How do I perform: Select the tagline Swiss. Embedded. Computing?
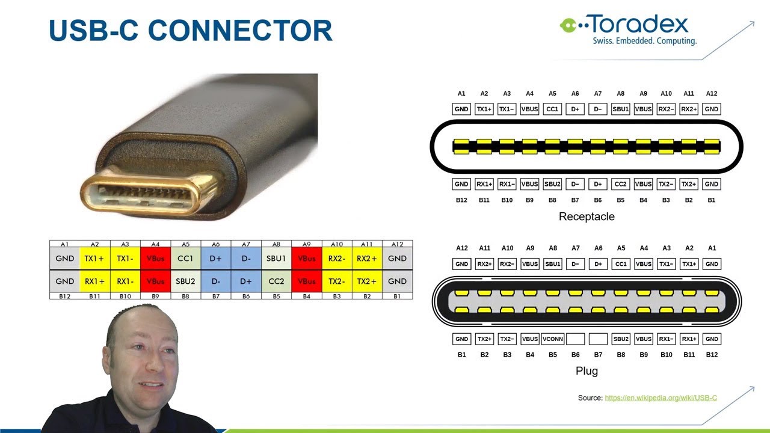point(644,41)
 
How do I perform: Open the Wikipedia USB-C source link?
point(661,398)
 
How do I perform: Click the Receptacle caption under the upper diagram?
point(587,216)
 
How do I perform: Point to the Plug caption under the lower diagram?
point(587,371)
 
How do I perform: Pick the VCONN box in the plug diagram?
point(552,339)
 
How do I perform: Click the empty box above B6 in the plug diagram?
point(575,339)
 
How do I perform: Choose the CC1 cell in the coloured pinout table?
point(185,259)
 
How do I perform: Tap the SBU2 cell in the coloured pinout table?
point(185,281)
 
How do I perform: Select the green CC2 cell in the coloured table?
point(276,281)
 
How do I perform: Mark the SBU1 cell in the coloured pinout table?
point(276,259)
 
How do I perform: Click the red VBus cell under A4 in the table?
point(155,259)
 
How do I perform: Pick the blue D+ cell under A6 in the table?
point(215,259)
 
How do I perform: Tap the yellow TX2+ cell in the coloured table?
point(367,281)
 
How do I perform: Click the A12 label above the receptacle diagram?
point(712,94)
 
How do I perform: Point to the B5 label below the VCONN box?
point(552,355)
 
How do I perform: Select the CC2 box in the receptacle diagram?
point(620,184)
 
